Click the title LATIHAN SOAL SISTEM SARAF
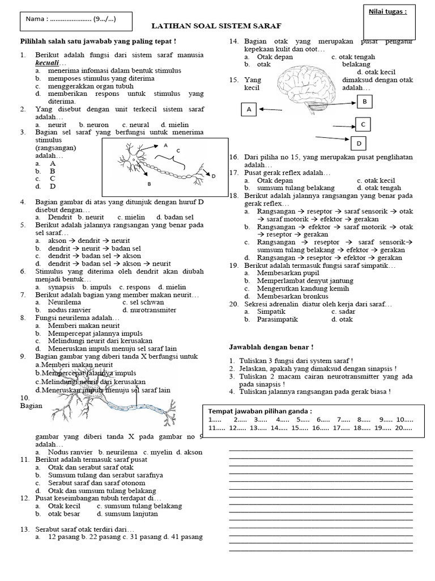pyautogui.click(x=216, y=26)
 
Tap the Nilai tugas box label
pyautogui.click(x=388, y=11)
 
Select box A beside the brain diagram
pyautogui.click(x=249, y=110)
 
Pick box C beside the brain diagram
pyautogui.click(x=362, y=124)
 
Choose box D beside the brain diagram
pyautogui.click(x=359, y=142)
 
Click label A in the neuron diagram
pyautogui.click(x=166, y=145)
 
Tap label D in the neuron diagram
pyautogui.click(x=214, y=176)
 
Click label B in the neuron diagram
pyautogui.click(x=148, y=184)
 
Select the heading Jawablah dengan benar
pyautogui.click(x=271, y=347)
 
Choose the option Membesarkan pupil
pyautogui.click(x=281, y=272)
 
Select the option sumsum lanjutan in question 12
pyautogui.click(x=122, y=513)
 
